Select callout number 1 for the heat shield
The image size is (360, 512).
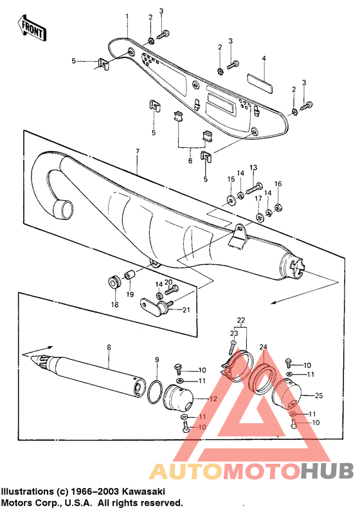pyautogui.click(x=127, y=15)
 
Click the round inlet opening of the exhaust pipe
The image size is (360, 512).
pyautogui.click(x=65, y=208)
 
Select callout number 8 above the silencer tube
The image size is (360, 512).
pyautogui.click(x=109, y=347)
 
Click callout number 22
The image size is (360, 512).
pyautogui.click(x=241, y=320)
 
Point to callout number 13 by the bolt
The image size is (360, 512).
pyautogui.click(x=253, y=167)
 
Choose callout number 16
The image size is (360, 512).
pyautogui.click(x=278, y=184)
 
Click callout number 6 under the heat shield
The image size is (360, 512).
pyautogui.click(x=190, y=160)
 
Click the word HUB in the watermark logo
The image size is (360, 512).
pyautogui.click(x=325, y=471)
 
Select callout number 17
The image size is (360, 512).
pyautogui.click(x=258, y=199)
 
